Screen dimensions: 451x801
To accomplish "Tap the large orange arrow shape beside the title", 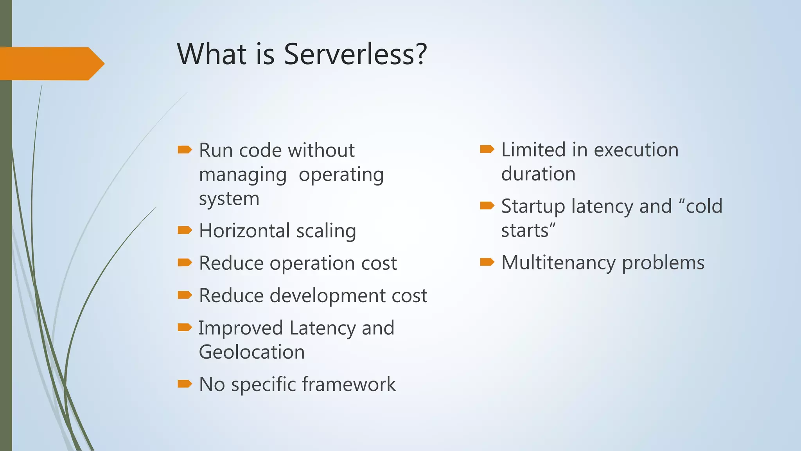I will point(51,63).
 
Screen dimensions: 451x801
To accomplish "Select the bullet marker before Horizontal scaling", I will point(185,230).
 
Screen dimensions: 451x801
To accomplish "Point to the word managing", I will point(242,175).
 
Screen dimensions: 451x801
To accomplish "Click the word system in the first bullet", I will point(229,199).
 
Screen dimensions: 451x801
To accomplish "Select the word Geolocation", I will point(251,352).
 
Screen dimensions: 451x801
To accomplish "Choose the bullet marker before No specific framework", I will point(185,384).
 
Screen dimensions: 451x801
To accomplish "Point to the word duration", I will point(538,174).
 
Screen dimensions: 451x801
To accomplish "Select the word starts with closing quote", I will point(528,231).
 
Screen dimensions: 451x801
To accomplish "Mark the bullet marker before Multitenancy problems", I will point(487,262).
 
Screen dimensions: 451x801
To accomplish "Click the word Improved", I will point(240,328).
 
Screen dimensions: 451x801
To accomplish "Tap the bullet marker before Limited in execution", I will point(487,149).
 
